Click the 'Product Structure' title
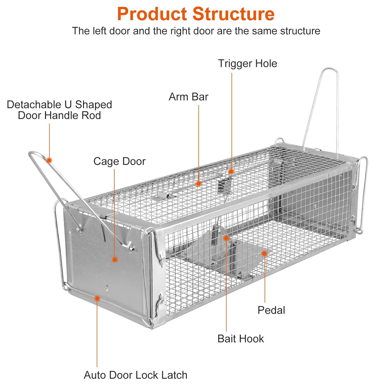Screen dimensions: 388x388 [196, 14]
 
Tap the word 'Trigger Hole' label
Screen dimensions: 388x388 [247, 64]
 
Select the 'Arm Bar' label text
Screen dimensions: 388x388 [188, 97]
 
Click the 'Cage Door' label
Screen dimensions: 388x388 [119, 161]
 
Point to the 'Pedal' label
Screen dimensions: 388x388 [271, 310]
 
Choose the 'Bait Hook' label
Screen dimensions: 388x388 [241, 339]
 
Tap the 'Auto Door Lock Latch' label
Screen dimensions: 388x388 [136, 375]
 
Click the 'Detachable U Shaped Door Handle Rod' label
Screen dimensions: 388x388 [59, 110]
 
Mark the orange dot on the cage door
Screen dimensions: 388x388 [115, 259]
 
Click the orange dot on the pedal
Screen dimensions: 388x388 [264, 253]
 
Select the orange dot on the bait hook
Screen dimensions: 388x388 [226, 238]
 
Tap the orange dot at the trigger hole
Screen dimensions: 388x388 [231, 171]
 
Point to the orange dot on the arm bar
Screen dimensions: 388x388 [198, 183]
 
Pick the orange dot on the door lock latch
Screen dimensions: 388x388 [97, 299]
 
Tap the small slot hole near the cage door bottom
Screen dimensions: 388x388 [107, 287]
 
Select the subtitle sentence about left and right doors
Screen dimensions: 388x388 [196, 31]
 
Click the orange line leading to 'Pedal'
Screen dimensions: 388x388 [265, 279]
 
